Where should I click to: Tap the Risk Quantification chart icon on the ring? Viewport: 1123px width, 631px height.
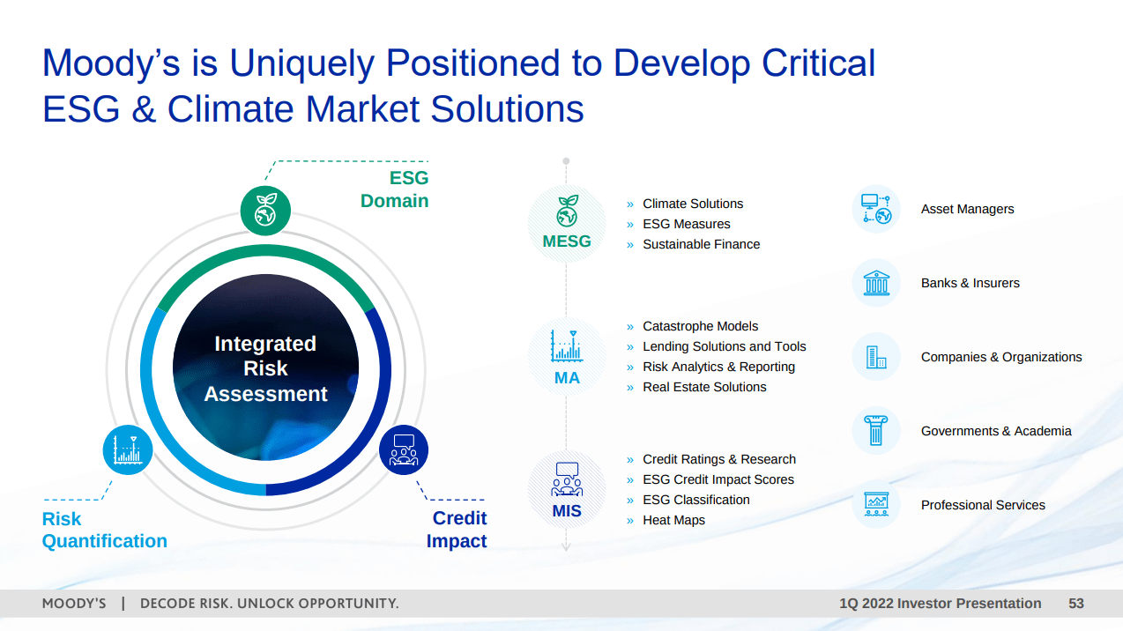pyautogui.click(x=128, y=449)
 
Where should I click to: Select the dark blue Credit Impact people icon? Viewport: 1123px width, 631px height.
pyautogui.click(x=404, y=449)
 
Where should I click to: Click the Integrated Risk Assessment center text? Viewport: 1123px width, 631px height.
pyautogui.click(x=265, y=368)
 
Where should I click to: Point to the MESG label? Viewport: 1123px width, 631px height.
pyautogui.click(x=567, y=241)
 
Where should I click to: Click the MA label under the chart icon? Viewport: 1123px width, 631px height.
pyautogui.click(x=567, y=377)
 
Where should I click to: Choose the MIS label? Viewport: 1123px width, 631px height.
pyautogui.click(x=567, y=511)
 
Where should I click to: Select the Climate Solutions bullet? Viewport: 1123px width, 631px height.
pyautogui.click(x=693, y=204)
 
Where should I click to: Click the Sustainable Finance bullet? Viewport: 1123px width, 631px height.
pyautogui.click(x=701, y=244)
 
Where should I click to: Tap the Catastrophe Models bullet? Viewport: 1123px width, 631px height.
pyautogui.click(x=700, y=326)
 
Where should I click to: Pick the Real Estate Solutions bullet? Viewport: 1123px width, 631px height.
pyautogui.click(x=704, y=387)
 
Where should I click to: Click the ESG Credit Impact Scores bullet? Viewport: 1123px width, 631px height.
pyautogui.click(x=718, y=479)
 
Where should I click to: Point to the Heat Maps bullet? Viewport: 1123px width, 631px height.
pyautogui.click(x=673, y=520)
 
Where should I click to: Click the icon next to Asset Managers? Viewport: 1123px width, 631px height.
pyautogui.click(x=876, y=209)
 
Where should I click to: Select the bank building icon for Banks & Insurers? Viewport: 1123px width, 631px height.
pyautogui.click(x=876, y=283)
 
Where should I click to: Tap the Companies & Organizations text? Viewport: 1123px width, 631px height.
pyautogui.click(x=1001, y=357)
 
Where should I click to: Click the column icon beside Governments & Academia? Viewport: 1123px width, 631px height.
pyautogui.click(x=876, y=431)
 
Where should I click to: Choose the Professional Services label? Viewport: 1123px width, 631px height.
pyautogui.click(x=983, y=505)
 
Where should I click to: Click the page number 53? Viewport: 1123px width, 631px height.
pyautogui.click(x=1075, y=604)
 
